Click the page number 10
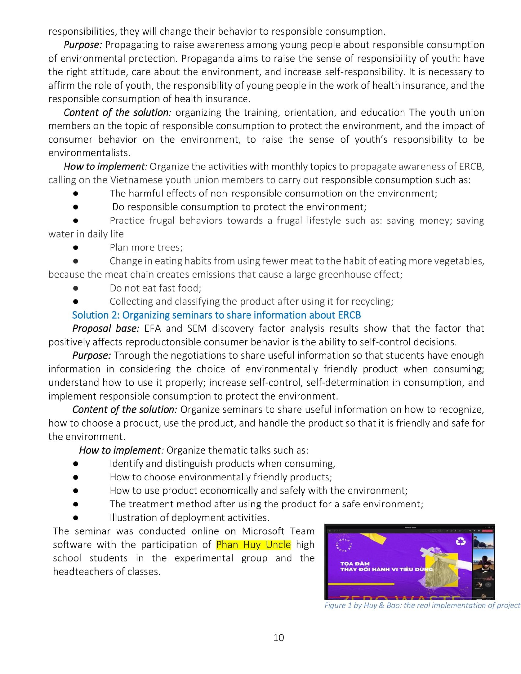tap(278, 637)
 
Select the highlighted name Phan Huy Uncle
tap(253, 545)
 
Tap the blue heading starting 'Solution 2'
tap(216, 315)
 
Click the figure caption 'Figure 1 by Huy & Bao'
tap(422, 605)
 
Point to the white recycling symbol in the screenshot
tap(460, 541)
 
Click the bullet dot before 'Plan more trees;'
tap(76, 247)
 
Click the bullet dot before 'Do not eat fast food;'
tap(76, 288)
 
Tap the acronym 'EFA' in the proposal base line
tap(152, 328)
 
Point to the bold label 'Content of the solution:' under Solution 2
tap(125, 409)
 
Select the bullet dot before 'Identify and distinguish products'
tap(76, 464)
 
